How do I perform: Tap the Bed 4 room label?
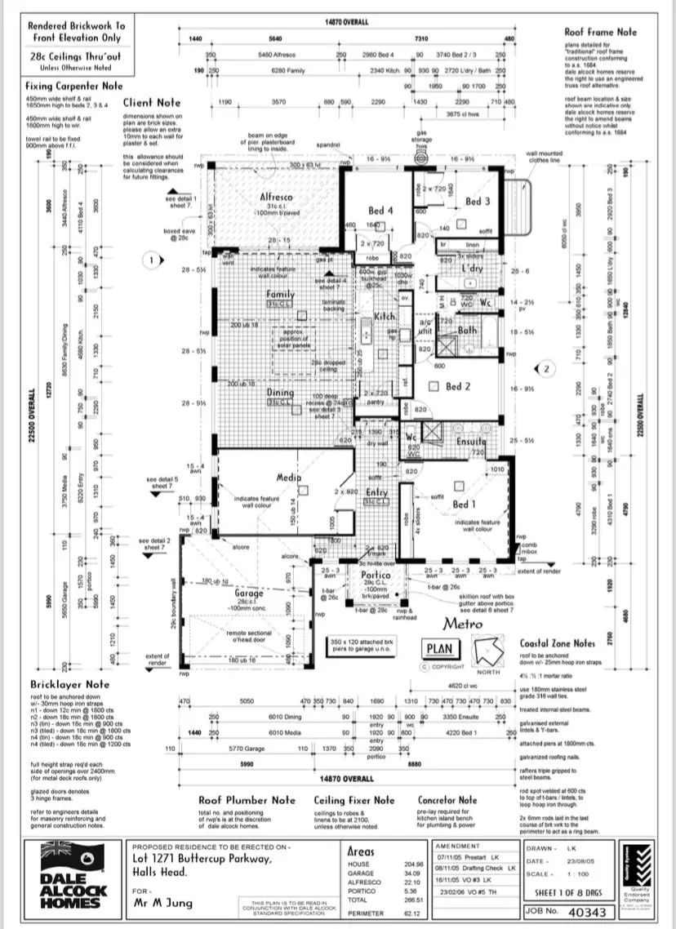click(380, 211)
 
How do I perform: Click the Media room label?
click(290, 478)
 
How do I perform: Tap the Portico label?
click(376, 576)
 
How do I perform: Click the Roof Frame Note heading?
click(600, 33)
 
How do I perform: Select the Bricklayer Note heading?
click(69, 683)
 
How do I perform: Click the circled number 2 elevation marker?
click(548, 369)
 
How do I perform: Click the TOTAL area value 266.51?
click(414, 900)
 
